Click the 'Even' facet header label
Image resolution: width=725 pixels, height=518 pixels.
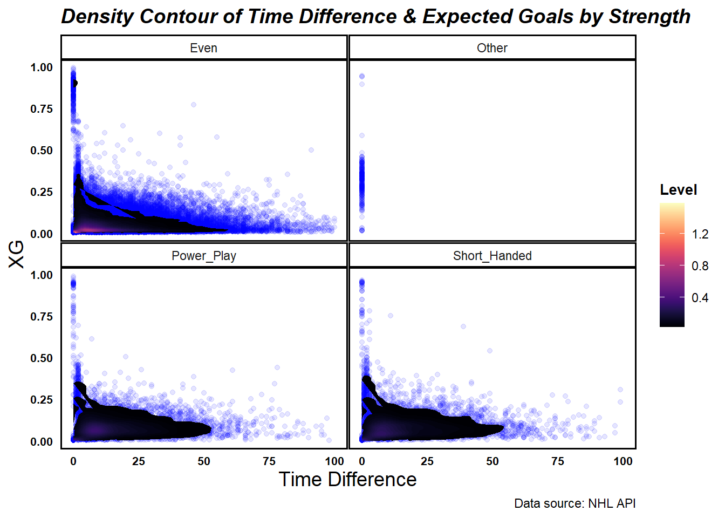coord(203,48)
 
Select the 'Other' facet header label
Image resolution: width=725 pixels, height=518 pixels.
coord(492,48)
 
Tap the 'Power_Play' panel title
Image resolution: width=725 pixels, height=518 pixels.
coord(203,256)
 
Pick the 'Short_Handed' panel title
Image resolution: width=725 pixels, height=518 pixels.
coord(492,256)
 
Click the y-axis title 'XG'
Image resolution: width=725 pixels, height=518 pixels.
coord(17,254)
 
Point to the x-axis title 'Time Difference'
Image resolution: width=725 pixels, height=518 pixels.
coord(347,479)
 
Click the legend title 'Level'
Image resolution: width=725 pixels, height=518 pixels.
coord(678,190)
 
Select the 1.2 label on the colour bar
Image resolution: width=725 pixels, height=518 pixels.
coord(700,234)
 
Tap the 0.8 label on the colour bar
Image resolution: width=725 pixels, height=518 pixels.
coord(700,266)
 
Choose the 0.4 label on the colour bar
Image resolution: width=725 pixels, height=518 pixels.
coord(700,298)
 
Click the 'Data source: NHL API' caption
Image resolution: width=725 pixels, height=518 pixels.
coord(574,503)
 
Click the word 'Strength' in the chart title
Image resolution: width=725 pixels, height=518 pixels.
coord(649,17)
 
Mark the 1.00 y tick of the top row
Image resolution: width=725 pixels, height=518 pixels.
coord(42,67)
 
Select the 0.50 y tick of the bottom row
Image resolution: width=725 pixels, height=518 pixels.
coord(42,358)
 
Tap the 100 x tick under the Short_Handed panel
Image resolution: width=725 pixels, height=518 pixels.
coord(623,461)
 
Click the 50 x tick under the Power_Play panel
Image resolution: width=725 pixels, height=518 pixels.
coord(204,461)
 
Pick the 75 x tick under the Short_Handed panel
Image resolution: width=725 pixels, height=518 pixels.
coord(557,461)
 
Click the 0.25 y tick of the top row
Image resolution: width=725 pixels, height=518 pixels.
coord(42,192)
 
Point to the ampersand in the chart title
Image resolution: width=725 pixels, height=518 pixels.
coord(409,17)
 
